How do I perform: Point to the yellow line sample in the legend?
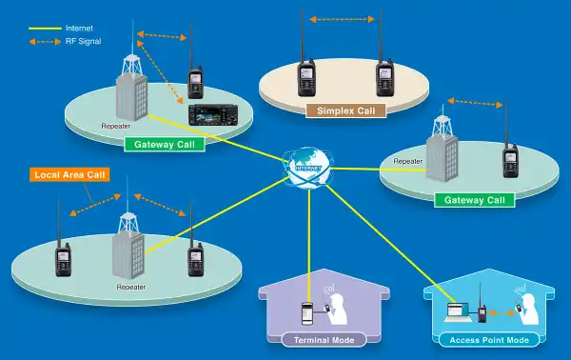(44, 30)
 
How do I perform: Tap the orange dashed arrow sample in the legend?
(44, 42)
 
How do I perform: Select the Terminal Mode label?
(317, 338)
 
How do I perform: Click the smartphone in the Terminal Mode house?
(306, 312)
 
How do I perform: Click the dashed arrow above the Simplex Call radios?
(343, 16)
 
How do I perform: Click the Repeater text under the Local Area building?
(130, 286)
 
